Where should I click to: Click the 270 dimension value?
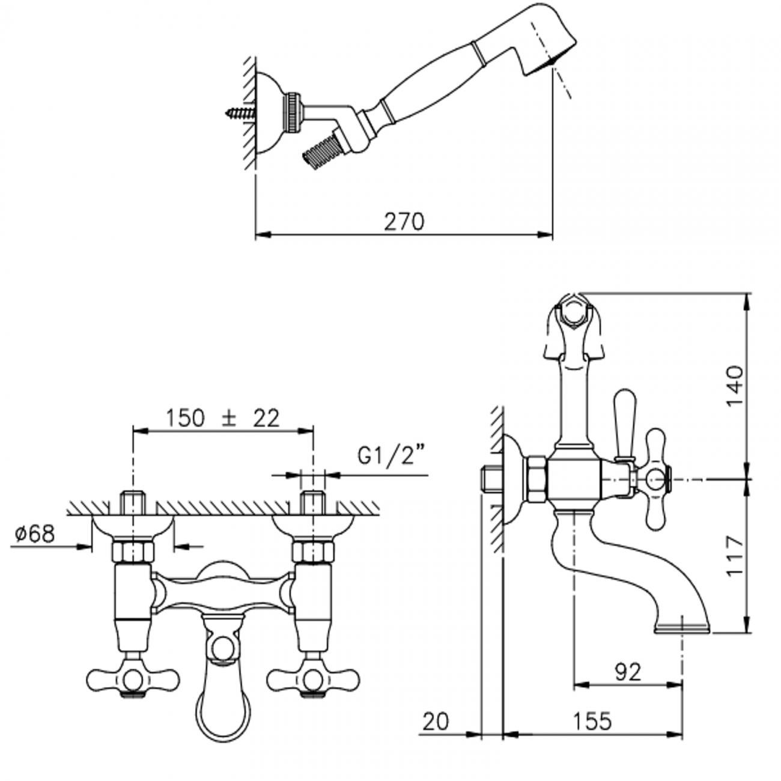(404, 222)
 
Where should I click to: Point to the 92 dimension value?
(628, 672)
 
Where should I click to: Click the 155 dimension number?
(593, 721)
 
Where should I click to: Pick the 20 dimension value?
(436, 721)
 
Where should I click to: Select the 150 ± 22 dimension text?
(222, 418)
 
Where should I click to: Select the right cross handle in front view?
(312, 679)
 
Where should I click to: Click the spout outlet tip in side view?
(682, 627)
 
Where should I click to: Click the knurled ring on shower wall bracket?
(293, 112)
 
